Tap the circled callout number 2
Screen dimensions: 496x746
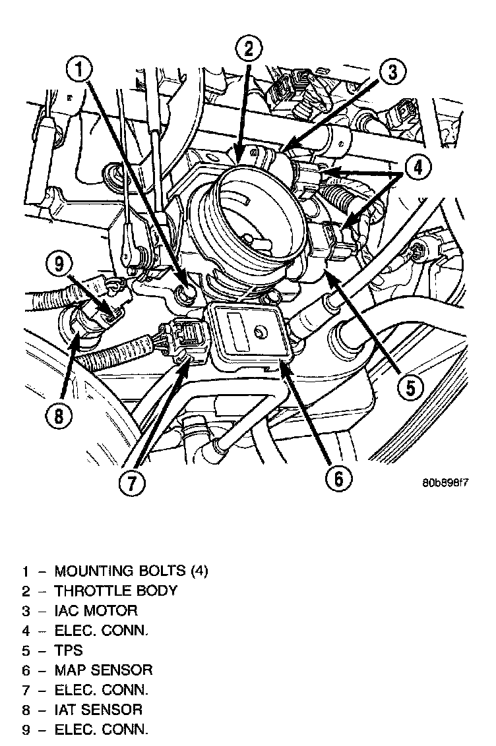tap(249, 49)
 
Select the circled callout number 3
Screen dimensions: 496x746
tap(392, 72)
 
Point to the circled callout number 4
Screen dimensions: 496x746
tap(418, 167)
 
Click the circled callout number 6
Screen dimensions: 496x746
tap(338, 478)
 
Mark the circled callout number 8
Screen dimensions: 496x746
tap(59, 416)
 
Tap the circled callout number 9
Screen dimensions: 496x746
tap(59, 264)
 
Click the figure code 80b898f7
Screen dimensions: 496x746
tap(445, 483)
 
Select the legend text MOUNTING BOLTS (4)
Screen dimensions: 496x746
tap(131, 571)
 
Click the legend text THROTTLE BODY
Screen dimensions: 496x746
tap(115, 590)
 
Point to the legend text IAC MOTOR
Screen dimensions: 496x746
tap(96, 610)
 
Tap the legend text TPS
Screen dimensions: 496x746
tap(69, 650)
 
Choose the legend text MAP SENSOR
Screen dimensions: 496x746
tap(104, 670)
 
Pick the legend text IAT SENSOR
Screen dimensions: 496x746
tap(98, 710)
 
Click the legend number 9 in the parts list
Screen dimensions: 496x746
tap(26, 730)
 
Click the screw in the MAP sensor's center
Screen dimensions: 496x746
tap(260, 331)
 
